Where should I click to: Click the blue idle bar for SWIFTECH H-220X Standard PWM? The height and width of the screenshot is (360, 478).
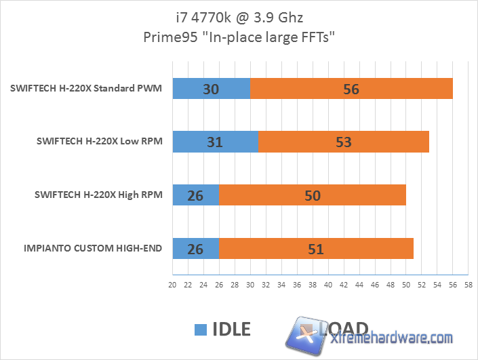[x=212, y=89]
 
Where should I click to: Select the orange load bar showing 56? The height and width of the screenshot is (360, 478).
[x=351, y=89]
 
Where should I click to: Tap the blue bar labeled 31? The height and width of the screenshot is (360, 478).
[x=216, y=142]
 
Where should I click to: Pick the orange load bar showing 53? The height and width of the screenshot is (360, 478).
[x=343, y=142]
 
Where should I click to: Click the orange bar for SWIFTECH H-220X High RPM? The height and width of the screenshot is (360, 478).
[x=313, y=195]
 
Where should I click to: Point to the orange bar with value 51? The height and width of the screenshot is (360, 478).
[x=316, y=248]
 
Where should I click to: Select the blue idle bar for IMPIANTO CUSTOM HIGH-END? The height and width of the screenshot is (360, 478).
[x=196, y=248]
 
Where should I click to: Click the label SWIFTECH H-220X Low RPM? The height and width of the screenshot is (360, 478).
[x=99, y=142]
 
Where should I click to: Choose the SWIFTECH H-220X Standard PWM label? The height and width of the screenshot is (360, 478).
[x=86, y=89]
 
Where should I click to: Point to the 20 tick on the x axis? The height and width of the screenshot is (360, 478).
[x=172, y=285]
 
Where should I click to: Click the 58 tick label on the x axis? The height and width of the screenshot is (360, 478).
[x=468, y=285]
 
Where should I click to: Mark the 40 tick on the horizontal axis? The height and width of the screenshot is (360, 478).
[x=328, y=285]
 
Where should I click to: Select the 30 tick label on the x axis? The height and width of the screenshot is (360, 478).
[x=250, y=285]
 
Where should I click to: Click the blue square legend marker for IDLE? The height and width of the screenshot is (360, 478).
[x=200, y=329]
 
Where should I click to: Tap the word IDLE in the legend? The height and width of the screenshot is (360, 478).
[x=231, y=329]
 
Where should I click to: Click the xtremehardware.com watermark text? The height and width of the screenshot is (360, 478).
[x=390, y=338]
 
